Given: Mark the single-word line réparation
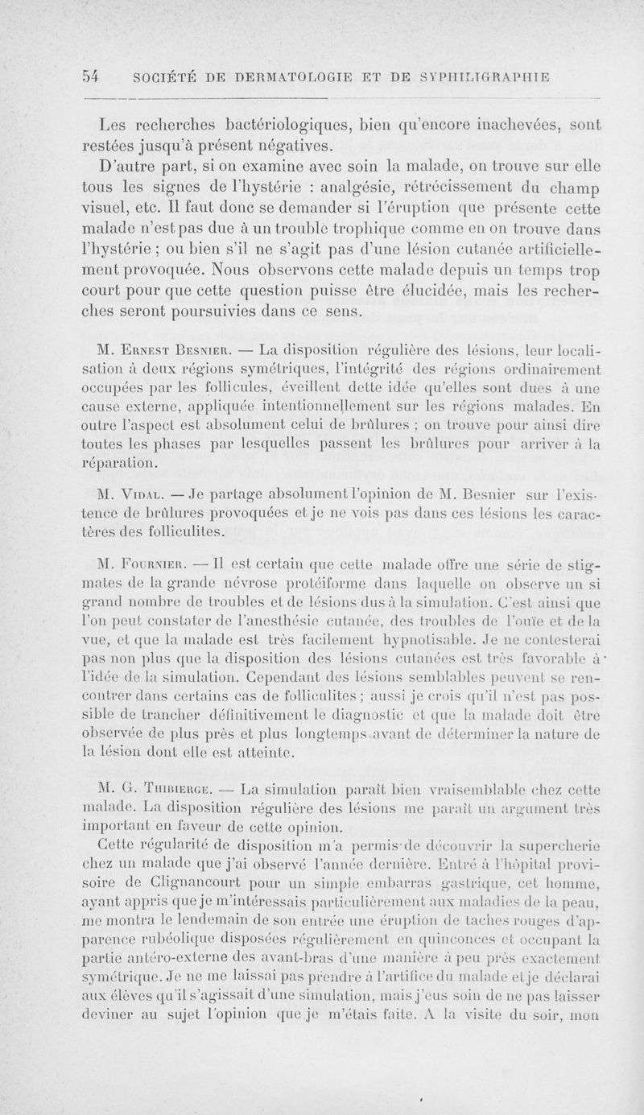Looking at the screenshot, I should (x=127, y=465).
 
